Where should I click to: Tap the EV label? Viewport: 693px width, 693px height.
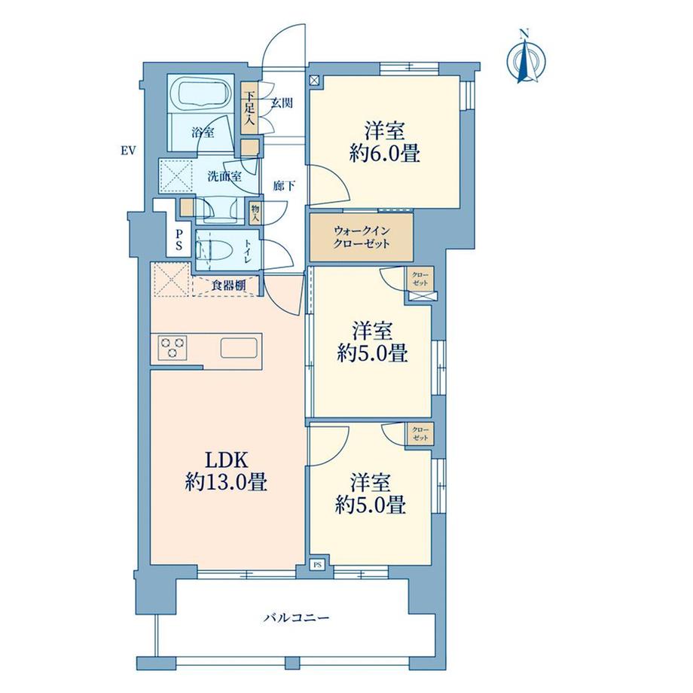pyautogui.click(x=128, y=151)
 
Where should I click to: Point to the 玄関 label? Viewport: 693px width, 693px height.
pyautogui.click(x=282, y=103)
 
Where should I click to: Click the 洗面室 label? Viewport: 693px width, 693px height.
pyautogui.click(x=225, y=176)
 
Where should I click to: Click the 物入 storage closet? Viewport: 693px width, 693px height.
pyautogui.click(x=255, y=213)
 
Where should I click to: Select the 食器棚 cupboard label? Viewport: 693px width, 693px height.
pyautogui.click(x=228, y=285)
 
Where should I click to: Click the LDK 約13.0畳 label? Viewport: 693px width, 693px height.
pyautogui.click(x=226, y=472)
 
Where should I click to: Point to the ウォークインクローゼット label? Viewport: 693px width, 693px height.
pyautogui.click(x=361, y=237)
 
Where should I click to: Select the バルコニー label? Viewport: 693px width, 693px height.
pyautogui.click(x=297, y=617)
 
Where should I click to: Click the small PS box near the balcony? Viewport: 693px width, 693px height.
pyautogui.click(x=318, y=564)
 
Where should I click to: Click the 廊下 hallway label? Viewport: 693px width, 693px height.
pyautogui.click(x=284, y=186)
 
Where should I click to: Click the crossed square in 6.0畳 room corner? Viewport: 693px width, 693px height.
pyautogui.click(x=314, y=81)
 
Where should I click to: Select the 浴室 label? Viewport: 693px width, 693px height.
pyautogui.click(x=203, y=132)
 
